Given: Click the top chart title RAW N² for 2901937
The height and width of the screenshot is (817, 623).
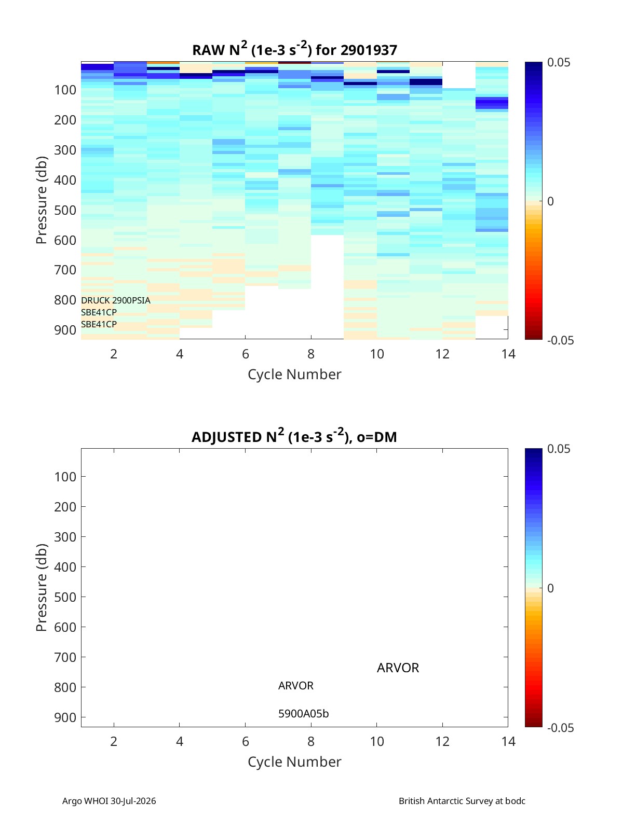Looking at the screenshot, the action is pyautogui.click(x=294, y=49).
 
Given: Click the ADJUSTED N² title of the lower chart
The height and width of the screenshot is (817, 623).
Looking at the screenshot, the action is pyautogui.click(x=294, y=436).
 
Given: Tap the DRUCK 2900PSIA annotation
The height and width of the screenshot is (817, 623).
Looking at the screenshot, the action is pyautogui.click(x=115, y=300).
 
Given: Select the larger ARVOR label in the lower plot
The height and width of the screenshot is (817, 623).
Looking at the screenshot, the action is pyautogui.click(x=398, y=668).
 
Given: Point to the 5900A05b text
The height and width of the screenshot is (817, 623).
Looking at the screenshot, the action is pyautogui.click(x=304, y=714).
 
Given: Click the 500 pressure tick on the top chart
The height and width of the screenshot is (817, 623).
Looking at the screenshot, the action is pyautogui.click(x=65, y=210).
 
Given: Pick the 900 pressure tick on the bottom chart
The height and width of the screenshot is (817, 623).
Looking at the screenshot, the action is pyautogui.click(x=65, y=717).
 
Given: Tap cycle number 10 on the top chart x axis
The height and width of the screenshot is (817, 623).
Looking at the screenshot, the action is pyautogui.click(x=377, y=354).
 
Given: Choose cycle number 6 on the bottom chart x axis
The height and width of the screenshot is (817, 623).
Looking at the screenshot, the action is pyautogui.click(x=246, y=741).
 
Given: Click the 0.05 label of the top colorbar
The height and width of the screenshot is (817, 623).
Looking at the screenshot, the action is pyautogui.click(x=559, y=62).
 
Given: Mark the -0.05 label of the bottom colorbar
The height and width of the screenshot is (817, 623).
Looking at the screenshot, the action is pyautogui.click(x=560, y=727).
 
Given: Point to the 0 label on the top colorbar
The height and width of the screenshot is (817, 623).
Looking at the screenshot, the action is pyautogui.click(x=550, y=201).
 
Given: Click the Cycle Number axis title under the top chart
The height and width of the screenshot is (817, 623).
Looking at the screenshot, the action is pyautogui.click(x=294, y=375).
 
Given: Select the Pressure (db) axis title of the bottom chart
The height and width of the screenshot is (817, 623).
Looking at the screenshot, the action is pyautogui.click(x=42, y=587).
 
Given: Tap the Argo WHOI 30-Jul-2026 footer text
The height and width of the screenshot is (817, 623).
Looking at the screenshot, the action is pyautogui.click(x=109, y=800).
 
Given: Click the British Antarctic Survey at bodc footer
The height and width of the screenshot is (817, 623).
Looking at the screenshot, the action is pyautogui.click(x=462, y=800).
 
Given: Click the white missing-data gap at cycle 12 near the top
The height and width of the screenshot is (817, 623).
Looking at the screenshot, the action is pyautogui.click(x=459, y=75).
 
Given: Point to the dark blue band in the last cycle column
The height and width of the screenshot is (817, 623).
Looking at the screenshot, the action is pyautogui.click(x=492, y=103).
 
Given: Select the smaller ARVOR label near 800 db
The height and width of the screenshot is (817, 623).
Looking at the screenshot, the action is pyautogui.click(x=296, y=686).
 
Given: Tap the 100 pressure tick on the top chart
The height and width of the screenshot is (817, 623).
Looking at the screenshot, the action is pyautogui.click(x=65, y=90).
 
